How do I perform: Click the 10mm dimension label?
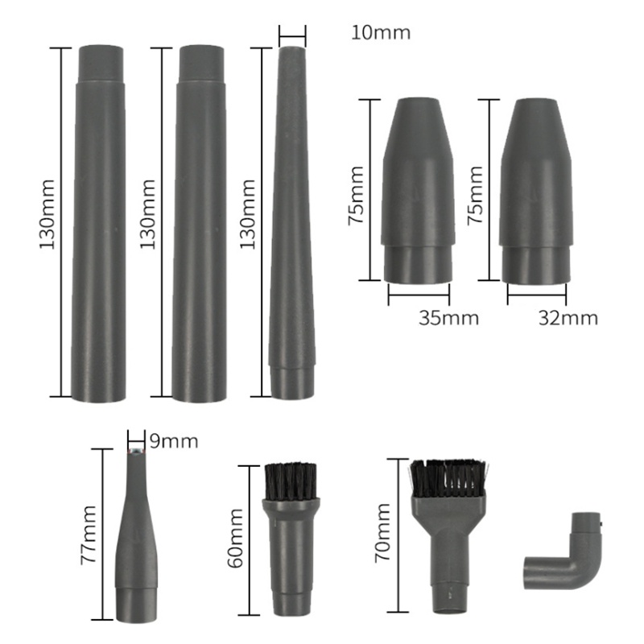click(x=381, y=33)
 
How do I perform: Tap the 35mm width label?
click(x=448, y=317)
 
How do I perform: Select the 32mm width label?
click(x=568, y=317)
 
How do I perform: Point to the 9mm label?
click(x=173, y=441)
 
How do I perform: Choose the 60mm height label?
click(x=235, y=539)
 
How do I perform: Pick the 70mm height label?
click(x=382, y=532)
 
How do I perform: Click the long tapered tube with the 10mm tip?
click(x=291, y=225)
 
